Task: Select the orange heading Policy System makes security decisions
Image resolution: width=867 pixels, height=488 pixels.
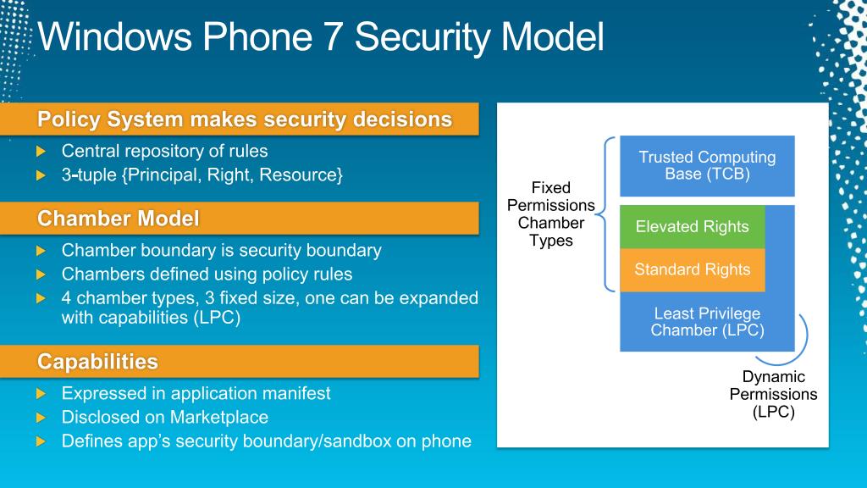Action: click(x=245, y=119)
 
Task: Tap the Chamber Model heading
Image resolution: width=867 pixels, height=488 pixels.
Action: click(x=118, y=218)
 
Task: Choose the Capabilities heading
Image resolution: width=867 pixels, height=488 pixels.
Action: click(x=97, y=361)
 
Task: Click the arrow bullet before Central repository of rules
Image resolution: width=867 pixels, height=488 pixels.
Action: click(x=41, y=151)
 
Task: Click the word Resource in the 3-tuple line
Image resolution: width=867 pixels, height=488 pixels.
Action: click(x=299, y=175)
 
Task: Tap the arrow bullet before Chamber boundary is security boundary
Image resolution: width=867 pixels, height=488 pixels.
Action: click(x=41, y=251)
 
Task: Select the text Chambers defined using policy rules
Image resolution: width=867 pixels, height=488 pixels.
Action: click(x=207, y=274)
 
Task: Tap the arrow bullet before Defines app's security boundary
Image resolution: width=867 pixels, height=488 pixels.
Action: click(x=41, y=441)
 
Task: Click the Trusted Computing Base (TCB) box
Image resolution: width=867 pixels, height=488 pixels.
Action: click(x=707, y=165)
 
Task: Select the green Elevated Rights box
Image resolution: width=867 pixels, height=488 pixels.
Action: click(x=693, y=226)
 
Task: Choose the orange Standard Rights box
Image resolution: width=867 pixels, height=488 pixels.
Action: click(x=693, y=269)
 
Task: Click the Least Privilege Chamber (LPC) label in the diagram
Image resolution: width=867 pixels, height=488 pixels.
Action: click(x=707, y=321)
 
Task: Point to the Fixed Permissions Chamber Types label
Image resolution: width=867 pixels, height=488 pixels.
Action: click(x=550, y=214)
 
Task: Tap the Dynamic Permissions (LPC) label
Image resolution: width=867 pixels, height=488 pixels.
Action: click(x=773, y=394)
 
